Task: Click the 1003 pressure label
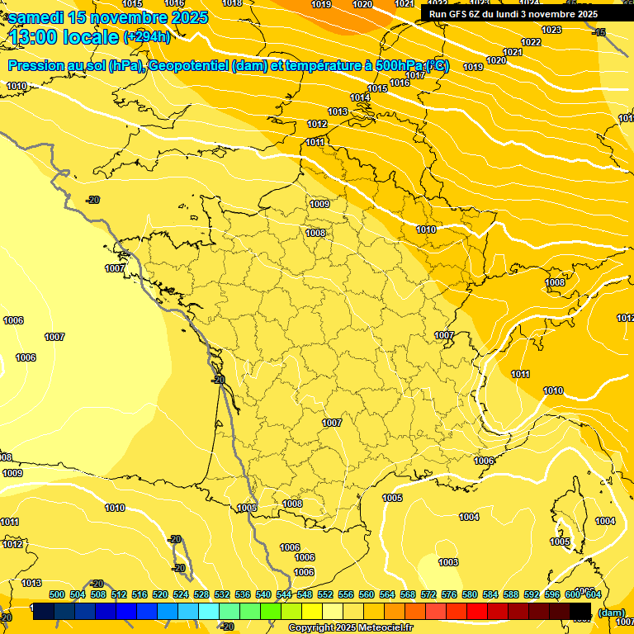[448, 562]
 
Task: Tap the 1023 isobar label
[551, 30]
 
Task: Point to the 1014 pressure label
[360, 98]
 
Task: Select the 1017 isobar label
[415, 75]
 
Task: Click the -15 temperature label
[599, 32]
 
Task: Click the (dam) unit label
[610, 613]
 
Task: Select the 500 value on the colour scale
[57, 594]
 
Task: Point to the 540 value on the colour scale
[263, 594]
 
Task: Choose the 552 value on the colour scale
[325, 594]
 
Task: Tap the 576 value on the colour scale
[449, 594]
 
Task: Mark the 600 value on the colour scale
[573, 594]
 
